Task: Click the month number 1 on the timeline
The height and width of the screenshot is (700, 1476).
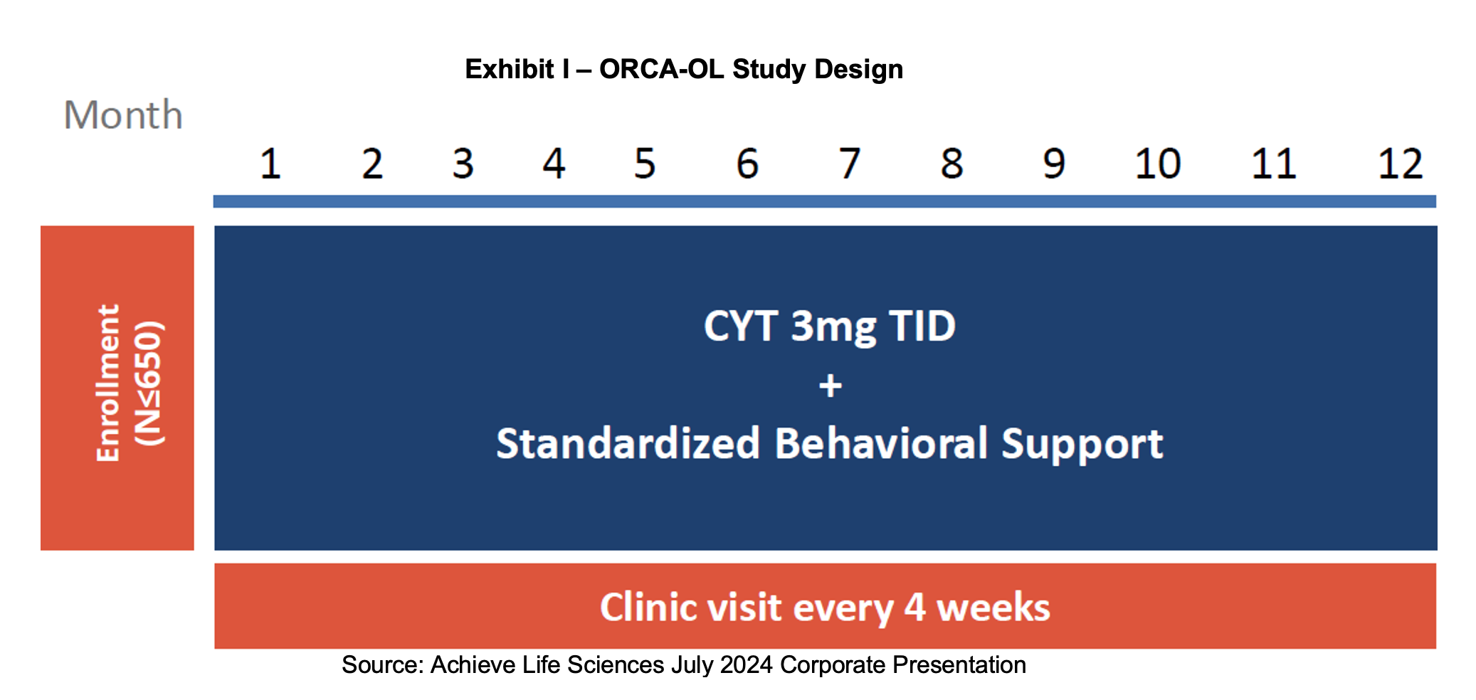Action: (x=270, y=164)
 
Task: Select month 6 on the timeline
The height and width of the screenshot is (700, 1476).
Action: (x=747, y=164)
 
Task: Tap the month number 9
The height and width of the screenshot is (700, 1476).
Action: (x=1054, y=164)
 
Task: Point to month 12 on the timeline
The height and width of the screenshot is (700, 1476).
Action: (x=1400, y=164)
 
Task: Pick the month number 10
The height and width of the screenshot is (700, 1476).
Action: (x=1158, y=164)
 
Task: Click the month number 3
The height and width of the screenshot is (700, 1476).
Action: (x=463, y=164)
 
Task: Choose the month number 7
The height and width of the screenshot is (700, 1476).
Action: (x=850, y=164)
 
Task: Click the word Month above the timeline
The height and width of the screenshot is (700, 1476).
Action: (x=123, y=115)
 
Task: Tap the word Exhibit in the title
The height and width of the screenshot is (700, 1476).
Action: (x=510, y=69)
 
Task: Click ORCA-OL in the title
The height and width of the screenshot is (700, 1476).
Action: (x=661, y=69)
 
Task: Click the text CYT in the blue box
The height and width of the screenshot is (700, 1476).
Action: (x=741, y=327)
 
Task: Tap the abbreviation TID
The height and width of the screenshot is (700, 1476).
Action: (x=922, y=327)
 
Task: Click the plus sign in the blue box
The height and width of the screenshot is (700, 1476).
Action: (x=830, y=386)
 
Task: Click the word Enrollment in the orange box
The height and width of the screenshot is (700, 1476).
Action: (x=108, y=383)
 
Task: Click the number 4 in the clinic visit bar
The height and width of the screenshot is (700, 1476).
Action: (x=914, y=607)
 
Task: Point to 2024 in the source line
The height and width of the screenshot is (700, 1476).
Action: (x=747, y=664)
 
